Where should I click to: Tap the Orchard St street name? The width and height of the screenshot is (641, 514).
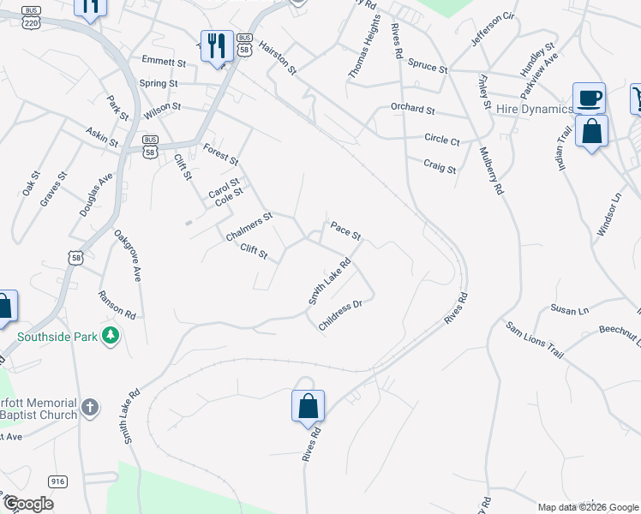click(413, 111)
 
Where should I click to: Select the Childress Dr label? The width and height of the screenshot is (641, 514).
click(341, 316)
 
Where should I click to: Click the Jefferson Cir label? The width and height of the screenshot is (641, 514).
click(493, 29)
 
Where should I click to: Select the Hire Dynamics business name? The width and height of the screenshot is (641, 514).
click(534, 109)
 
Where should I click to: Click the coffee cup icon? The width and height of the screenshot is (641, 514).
click(589, 98)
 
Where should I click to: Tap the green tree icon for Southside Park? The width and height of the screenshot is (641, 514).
click(110, 335)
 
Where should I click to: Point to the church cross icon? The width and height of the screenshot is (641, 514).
click(92, 408)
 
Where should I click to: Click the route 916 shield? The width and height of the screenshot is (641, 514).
click(58, 481)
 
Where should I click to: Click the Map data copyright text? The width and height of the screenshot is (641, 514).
click(588, 507)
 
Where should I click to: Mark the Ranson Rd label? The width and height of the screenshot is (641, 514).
click(117, 302)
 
